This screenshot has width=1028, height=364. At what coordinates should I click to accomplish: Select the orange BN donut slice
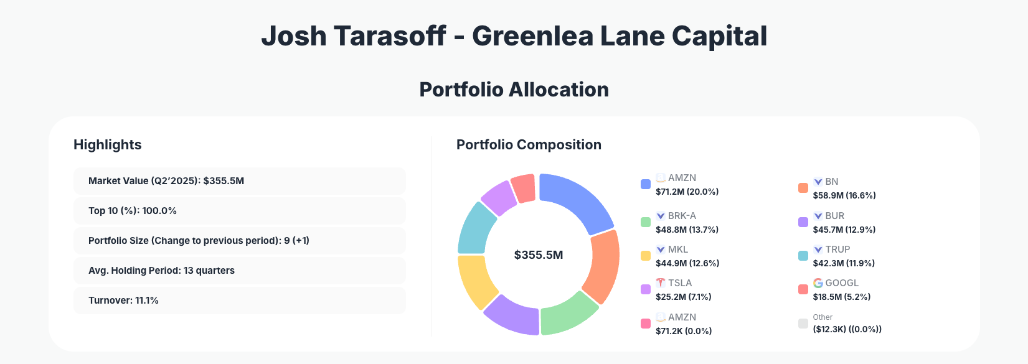(x=603, y=266)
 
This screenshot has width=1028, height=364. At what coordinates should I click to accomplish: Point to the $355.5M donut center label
(x=539, y=255)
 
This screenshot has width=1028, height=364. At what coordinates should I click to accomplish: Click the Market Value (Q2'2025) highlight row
(x=239, y=181)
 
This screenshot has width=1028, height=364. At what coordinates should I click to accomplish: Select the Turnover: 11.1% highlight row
(x=239, y=301)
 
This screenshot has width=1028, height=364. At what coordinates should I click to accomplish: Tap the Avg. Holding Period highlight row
(x=239, y=271)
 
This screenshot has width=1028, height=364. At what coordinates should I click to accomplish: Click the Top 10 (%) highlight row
(x=239, y=211)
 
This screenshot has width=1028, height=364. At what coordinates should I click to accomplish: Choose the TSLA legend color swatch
(x=646, y=289)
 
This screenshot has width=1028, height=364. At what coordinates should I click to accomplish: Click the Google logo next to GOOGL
(x=818, y=283)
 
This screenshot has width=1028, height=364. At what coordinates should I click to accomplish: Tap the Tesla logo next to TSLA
(x=661, y=283)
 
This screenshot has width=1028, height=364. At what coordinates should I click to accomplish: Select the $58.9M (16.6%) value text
(x=844, y=195)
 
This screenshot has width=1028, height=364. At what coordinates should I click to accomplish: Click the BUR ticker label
(x=834, y=216)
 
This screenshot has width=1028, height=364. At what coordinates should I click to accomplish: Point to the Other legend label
(x=823, y=317)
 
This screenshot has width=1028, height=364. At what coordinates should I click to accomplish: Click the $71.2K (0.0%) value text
(x=683, y=331)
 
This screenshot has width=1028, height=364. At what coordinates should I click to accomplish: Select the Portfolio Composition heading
(x=529, y=145)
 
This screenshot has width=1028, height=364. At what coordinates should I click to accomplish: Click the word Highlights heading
(x=108, y=145)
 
